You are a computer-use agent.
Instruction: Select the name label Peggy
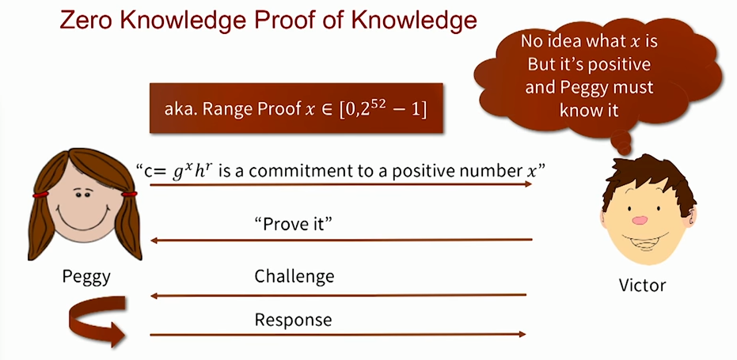(86, 277)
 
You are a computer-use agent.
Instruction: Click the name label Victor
(642, 285)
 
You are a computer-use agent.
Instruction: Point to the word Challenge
(294, 276)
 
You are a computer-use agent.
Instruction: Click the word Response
(293, 320)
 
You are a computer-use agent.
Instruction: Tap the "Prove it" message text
(293, 224)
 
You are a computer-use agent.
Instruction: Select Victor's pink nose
(640, 220)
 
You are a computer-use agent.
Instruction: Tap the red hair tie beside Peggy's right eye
(129, 194)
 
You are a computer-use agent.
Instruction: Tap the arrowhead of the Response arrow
(522, 335)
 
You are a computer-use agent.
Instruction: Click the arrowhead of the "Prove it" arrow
(154, 241)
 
